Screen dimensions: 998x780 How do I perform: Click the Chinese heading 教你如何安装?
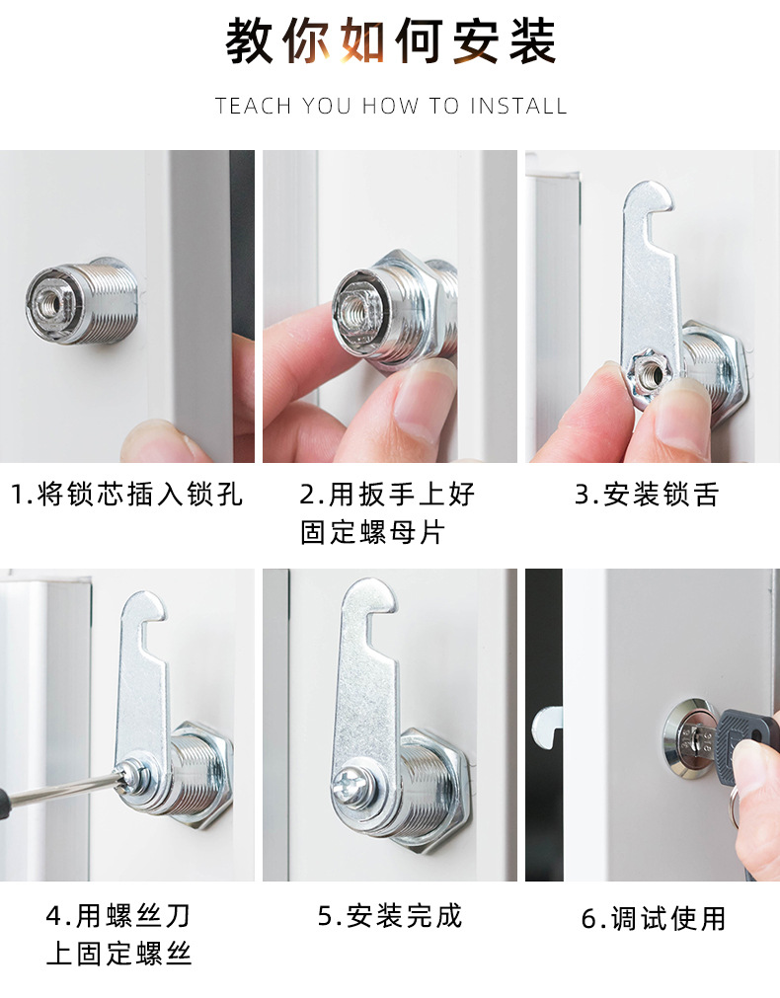(x=391, y=42)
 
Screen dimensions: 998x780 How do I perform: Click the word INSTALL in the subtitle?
(x=518, y=106)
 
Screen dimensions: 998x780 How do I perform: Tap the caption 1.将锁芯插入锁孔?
(x=126, y=494)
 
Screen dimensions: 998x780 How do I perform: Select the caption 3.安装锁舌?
(x=647, y=494)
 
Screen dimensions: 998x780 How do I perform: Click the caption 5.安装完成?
(x=390, y=916)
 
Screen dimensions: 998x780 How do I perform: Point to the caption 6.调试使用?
(x=653, y=918)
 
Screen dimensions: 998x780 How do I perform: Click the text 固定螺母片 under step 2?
(x=373, y=532)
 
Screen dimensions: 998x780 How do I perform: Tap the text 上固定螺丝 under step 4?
(x=118, y=954)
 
